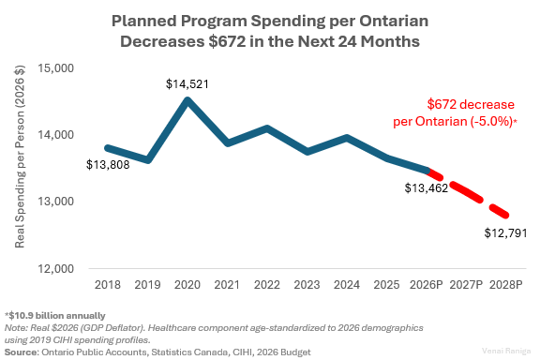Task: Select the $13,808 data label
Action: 109,166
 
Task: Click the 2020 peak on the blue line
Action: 187,100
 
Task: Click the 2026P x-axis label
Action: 427,283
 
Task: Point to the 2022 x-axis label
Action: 267,283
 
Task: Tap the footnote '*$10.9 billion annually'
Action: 55,315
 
